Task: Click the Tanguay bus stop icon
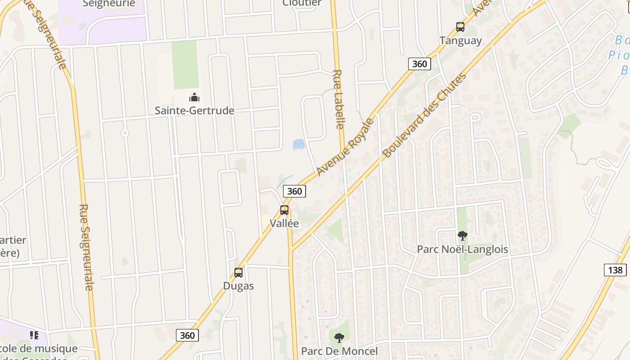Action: coord(460,27)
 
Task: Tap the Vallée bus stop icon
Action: coord(284,210)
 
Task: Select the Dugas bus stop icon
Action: coord(238,273)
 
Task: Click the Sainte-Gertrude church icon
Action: coord(194,97)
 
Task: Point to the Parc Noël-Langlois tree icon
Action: coord(462,235)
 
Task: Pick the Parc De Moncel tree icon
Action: coord(339,337)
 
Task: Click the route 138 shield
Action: coord(615,270)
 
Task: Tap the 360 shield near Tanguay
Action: coord(419,64)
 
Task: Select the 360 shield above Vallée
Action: coord(294,191)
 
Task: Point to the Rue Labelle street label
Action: coord(338,99)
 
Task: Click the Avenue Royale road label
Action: coord(345,147)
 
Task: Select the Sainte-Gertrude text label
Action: coord(194,111)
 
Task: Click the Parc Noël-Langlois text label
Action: coord(463,249)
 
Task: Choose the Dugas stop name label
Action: coord(238,286)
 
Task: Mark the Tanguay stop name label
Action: coord(460,40)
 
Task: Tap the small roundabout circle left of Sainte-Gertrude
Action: coord(125,133)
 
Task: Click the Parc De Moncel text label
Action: coord(339,351)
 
